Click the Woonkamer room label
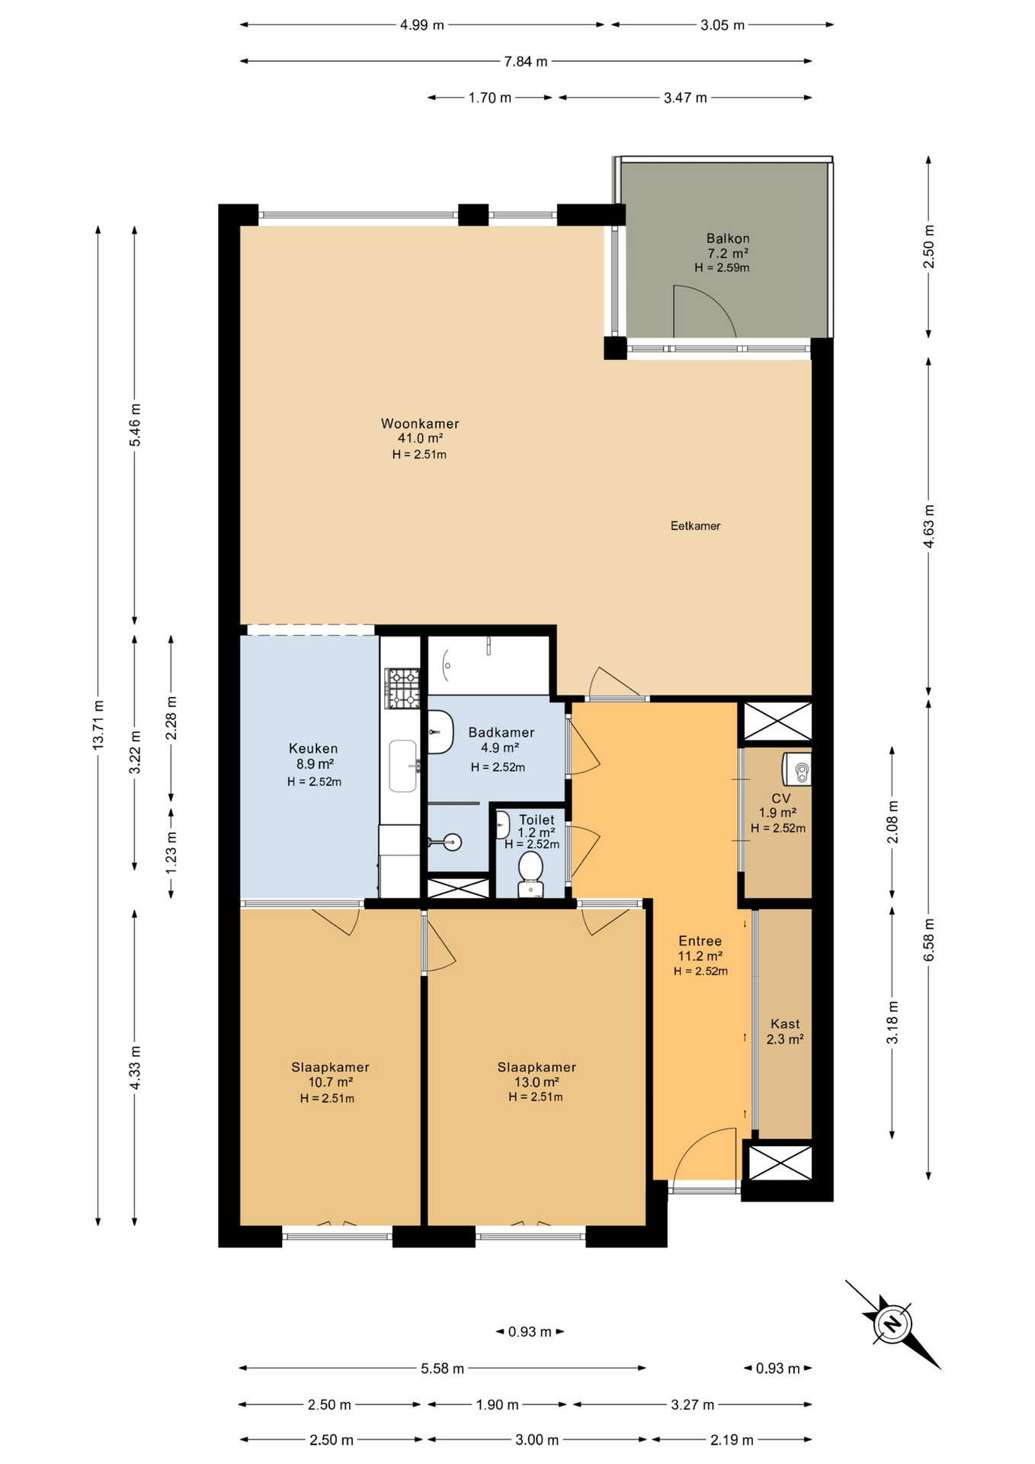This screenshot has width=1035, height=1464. click(x=420, y=423)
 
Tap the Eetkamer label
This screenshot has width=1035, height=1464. click(x=695, y=525)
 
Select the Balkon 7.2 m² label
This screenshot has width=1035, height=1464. click(x=728, y=246)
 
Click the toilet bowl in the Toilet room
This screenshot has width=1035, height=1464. click(x=530, y=875)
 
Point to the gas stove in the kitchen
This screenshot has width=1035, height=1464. click(x=402, y=688)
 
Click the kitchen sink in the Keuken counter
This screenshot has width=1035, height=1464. click(x=403, y=766)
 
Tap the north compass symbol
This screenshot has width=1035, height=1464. click(x=892, y=1324)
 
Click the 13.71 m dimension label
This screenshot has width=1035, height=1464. click(x=98, y=724)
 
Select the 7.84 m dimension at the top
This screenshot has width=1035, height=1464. click(x=526, y=61)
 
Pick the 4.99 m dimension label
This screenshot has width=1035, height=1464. click(x=421, y=24)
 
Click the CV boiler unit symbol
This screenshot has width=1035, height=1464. click(x=796, y=769)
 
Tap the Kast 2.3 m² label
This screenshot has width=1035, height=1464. click(x=785, y=1031)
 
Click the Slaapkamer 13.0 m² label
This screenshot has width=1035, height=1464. click(x=537, y=1074)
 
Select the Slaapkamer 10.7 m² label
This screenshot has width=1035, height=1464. click(x=330, y=1074)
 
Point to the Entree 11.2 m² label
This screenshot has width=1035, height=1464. click(x=700, y=949)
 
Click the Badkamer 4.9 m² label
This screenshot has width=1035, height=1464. click(x=501, y=740)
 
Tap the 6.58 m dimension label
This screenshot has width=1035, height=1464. click(x=928, y=940)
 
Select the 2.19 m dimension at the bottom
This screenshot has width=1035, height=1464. click(x=732, y=1440)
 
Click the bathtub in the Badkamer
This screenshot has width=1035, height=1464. click(x=489, y=665)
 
